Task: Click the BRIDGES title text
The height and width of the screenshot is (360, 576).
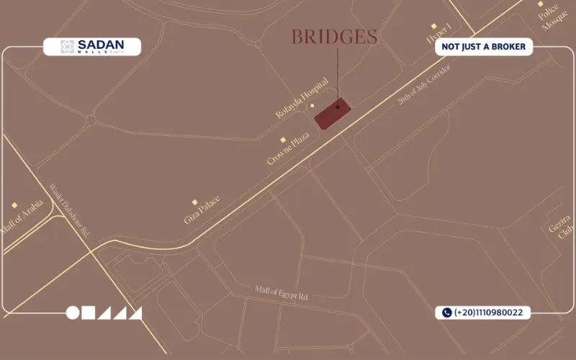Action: point(335,37)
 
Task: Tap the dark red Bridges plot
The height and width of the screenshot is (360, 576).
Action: point(333,114)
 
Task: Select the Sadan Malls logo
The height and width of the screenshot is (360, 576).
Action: point(92,47)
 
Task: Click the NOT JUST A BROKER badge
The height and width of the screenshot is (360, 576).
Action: point(483,47)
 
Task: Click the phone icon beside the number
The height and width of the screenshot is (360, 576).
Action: point(446,312)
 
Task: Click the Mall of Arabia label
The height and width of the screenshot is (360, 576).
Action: point(22,215)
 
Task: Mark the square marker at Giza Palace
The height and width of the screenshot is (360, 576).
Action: point(194,202)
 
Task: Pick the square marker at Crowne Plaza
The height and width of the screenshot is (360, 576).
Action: point(283,140)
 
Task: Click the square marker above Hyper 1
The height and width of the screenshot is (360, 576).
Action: point(433,26)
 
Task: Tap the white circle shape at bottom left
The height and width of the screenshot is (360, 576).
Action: point(73,312)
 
